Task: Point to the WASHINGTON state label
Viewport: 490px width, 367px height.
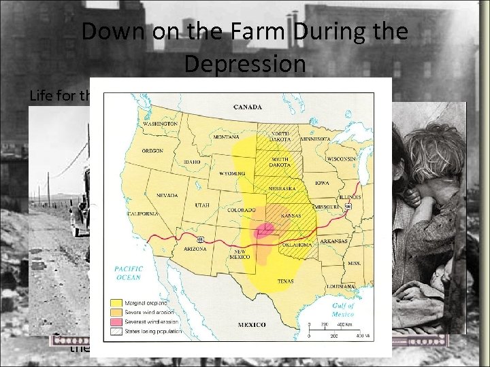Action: point(159,125)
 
